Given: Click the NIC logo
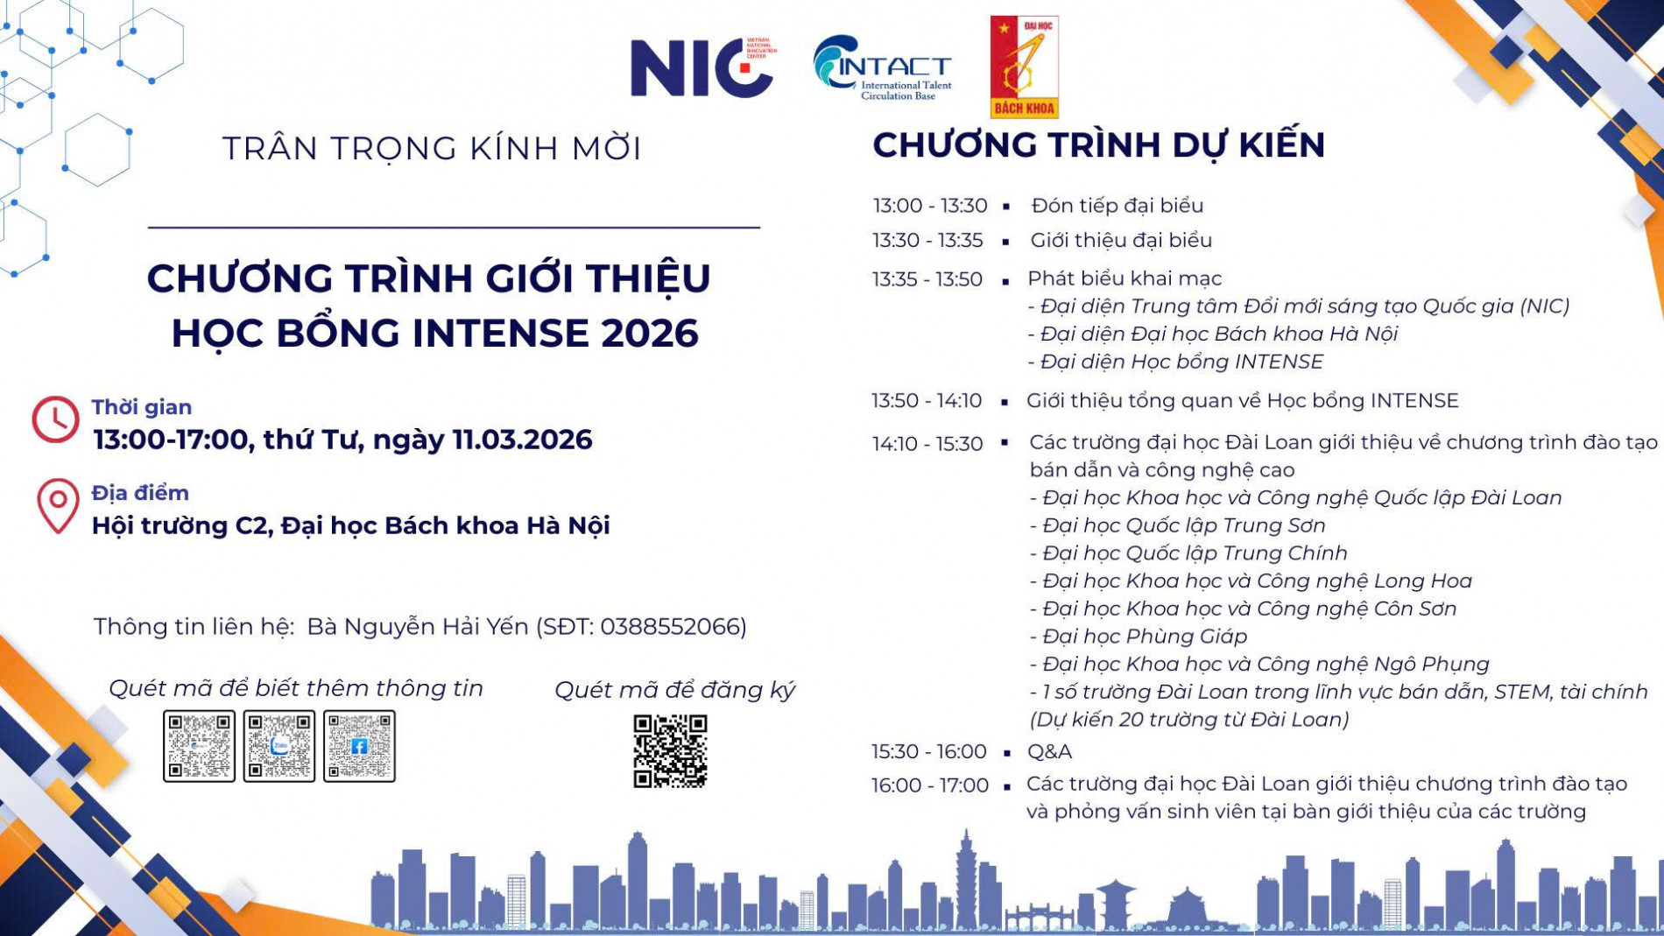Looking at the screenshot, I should [x=702, y=67].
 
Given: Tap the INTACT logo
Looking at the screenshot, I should [x=882, y=68].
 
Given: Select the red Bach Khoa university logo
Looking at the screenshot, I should [x=1024, y=67].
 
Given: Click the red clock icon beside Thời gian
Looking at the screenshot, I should [x=55, y=419].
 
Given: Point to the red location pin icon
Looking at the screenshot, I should [x=58, y=505].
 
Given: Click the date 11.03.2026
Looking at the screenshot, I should [x=522, y=440].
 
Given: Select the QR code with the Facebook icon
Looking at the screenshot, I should [x=359, y=746].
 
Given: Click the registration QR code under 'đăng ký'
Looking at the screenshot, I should [x=670, y=751].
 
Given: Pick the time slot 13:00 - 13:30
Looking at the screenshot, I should [x=930, y=206].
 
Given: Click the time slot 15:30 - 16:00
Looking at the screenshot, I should [x=928, y=752].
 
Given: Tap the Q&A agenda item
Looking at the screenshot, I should [x=1049, y=752].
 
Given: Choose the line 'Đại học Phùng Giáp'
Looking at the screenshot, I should [x=1145, y=637].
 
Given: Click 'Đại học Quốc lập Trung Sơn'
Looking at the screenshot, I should [x=1184, y=525].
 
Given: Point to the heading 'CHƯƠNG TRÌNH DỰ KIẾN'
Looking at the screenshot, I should [x=1098, y=145].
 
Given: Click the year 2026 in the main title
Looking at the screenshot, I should [x=649, y=334].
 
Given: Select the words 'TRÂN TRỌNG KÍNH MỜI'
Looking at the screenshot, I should [x=432, y=149].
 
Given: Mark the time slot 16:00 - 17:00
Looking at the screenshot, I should [x=929, y=786].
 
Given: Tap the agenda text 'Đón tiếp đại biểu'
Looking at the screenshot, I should [x=1117, y=206].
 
